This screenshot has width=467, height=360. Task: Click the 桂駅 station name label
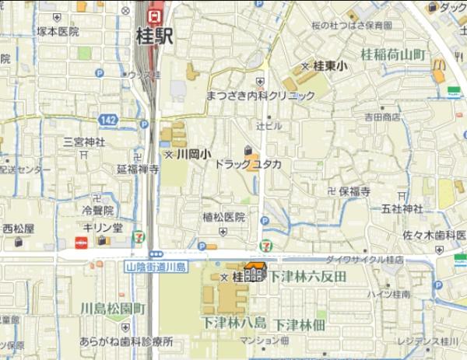(x=153, y=35)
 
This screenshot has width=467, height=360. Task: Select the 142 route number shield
(x=108, y=119)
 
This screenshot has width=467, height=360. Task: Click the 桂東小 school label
(x=330, y=67)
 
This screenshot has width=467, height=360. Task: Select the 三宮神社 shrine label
(x=84, y=142)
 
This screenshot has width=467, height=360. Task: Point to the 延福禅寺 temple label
(x=138, y=169)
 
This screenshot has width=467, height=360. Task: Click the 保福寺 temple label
(x=353, y=190)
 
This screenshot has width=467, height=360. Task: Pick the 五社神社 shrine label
(x=402, y=208)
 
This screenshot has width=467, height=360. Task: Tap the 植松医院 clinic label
(x=223, y=217)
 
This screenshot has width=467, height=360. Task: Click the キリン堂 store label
(x=103, y=227)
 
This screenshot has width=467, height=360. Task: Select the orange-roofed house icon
(x=255, y=272)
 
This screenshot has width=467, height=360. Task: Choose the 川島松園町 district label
(x=113, y=309)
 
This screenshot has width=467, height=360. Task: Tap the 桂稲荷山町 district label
(x=394, y=54)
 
